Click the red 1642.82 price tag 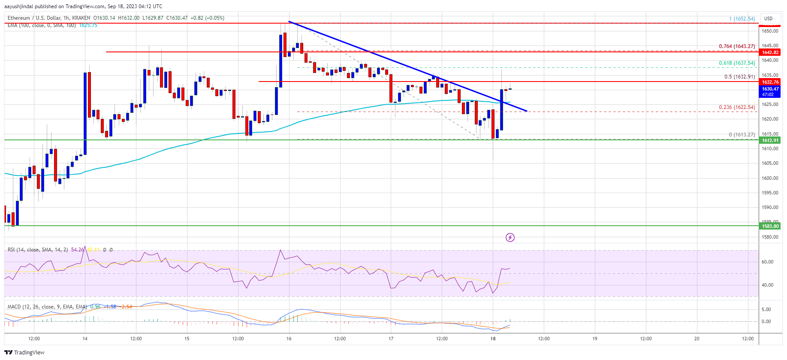pos(770,52)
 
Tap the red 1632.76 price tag pos(770,82)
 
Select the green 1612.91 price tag pos(770,140)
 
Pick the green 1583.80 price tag pos(770,226)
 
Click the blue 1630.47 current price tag pos(770,89)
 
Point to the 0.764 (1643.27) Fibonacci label pos(737,46)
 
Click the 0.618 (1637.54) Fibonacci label pos(737,63)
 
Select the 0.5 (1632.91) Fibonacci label pos(739,77)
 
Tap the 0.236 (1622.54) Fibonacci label pos(737,107)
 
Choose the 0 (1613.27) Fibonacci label pos(742,135)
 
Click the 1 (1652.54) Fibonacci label pos(742,19)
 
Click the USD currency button pos(768,18)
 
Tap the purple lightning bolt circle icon pos(510,237)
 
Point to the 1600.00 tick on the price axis pos(770,178)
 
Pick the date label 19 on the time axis pos(595,339)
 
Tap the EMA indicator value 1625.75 pos(88,25)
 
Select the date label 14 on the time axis pos(85,339)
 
